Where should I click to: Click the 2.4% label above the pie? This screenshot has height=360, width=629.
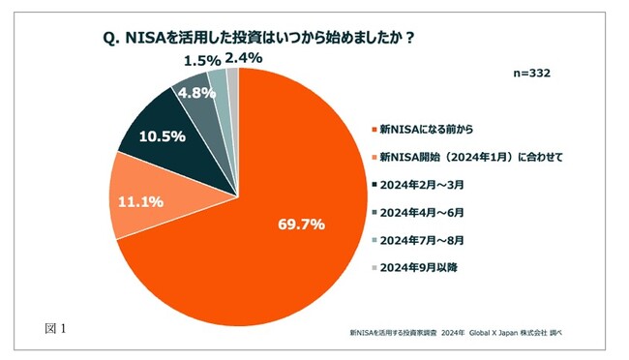coord(243,59)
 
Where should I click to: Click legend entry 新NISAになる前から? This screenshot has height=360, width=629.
coord(432,128)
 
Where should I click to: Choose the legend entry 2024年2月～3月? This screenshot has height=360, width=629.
coord(423,184)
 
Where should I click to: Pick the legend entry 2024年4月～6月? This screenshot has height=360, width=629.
coord(423,211)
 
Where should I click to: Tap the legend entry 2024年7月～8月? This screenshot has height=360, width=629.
coord(423,239)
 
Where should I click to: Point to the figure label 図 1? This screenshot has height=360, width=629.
coord(55,328)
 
